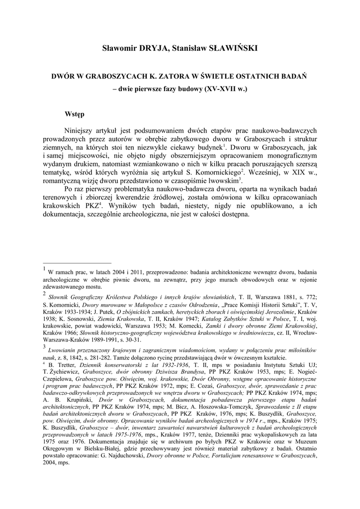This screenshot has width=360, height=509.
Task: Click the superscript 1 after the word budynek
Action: point(225,146)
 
